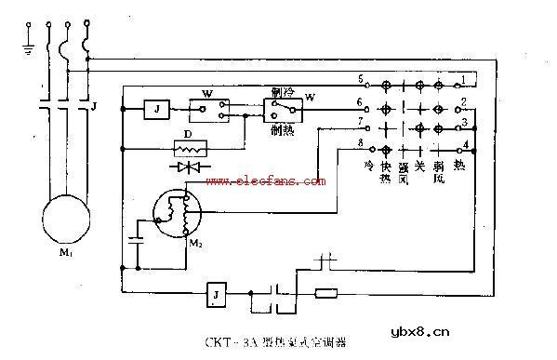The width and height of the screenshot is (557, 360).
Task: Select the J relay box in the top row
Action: (x=155, y=110)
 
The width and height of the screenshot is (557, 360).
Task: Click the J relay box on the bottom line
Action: (x=216, y=297)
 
